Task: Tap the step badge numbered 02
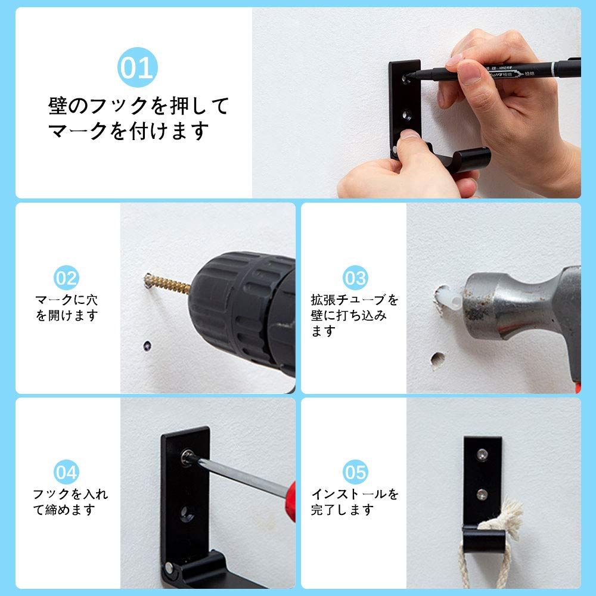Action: [66, 278]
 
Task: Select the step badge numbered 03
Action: [355, 278]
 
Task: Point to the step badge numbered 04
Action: [66, 472]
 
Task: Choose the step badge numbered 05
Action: [355, 472]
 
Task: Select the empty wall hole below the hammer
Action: [438, 359]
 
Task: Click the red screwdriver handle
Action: [290, 501]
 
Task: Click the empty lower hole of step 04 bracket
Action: [188, 513]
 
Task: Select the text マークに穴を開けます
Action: [66, 307]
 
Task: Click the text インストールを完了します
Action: [355, 502]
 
